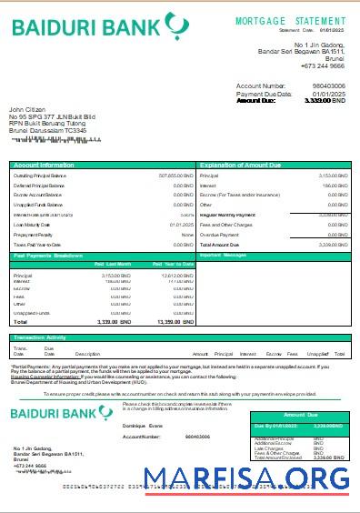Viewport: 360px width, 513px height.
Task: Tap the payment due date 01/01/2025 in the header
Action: click(329, 93)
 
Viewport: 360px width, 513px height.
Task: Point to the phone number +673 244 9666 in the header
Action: click(325, 65)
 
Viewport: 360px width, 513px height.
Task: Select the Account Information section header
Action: click(44, 165)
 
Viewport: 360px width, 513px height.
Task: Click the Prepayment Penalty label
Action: click(34, 234)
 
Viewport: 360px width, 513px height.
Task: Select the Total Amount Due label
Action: click(219, 245)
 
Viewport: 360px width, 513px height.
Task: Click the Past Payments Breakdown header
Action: click(49, 256)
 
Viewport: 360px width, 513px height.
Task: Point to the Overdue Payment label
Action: click(219, 234)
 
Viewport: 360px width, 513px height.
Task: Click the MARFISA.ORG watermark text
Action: click(246, 478)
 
